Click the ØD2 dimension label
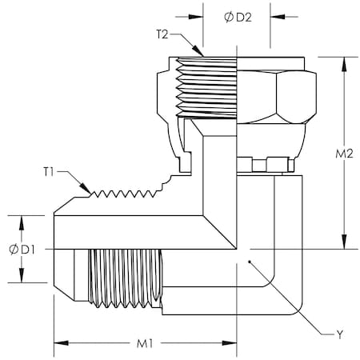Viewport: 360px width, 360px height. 238,18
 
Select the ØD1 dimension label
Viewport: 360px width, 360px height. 22,250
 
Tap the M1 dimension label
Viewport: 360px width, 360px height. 145,344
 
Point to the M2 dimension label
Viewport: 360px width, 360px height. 344,154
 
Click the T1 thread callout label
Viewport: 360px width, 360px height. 49,172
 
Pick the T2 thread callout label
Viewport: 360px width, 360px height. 162,34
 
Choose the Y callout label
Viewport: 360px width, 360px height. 339,334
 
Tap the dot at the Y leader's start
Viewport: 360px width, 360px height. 250,262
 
